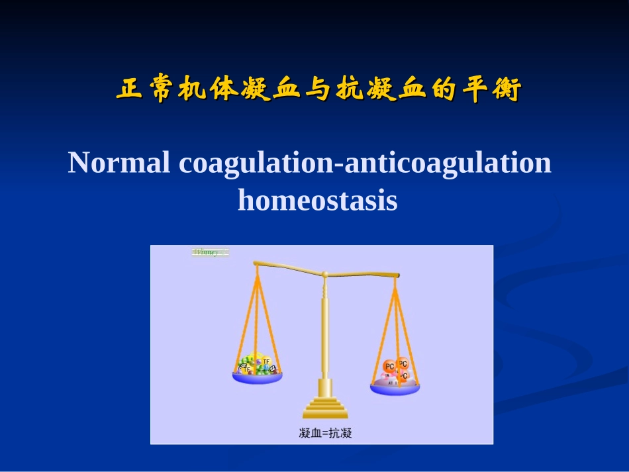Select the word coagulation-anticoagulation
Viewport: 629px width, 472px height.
(x=365, y=163)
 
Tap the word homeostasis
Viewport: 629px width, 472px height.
(x=317, y=200)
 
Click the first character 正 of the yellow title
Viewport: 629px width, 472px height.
(x=128, y=89)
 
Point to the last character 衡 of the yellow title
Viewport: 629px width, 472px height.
(x=507, y=89)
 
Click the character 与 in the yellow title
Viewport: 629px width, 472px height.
(x=318, y=89)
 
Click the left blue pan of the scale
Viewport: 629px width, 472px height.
(x=257, y=377)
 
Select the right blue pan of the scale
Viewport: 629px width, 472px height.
(x=395, y=389)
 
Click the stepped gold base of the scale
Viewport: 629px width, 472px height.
(x=324, y=405)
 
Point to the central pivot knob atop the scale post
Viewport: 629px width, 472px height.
(x=324, y=275)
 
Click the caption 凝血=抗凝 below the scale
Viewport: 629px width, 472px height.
(x=325, y=434)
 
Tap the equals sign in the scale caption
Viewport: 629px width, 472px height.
(x=325, y=434)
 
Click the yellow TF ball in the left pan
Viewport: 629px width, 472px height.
(x=266, y=361)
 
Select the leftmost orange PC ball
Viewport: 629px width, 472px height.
(x=389, y=367)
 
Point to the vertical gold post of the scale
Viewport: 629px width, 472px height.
(x=324, y=331)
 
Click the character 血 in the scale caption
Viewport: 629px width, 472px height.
(x=314, y=434)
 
